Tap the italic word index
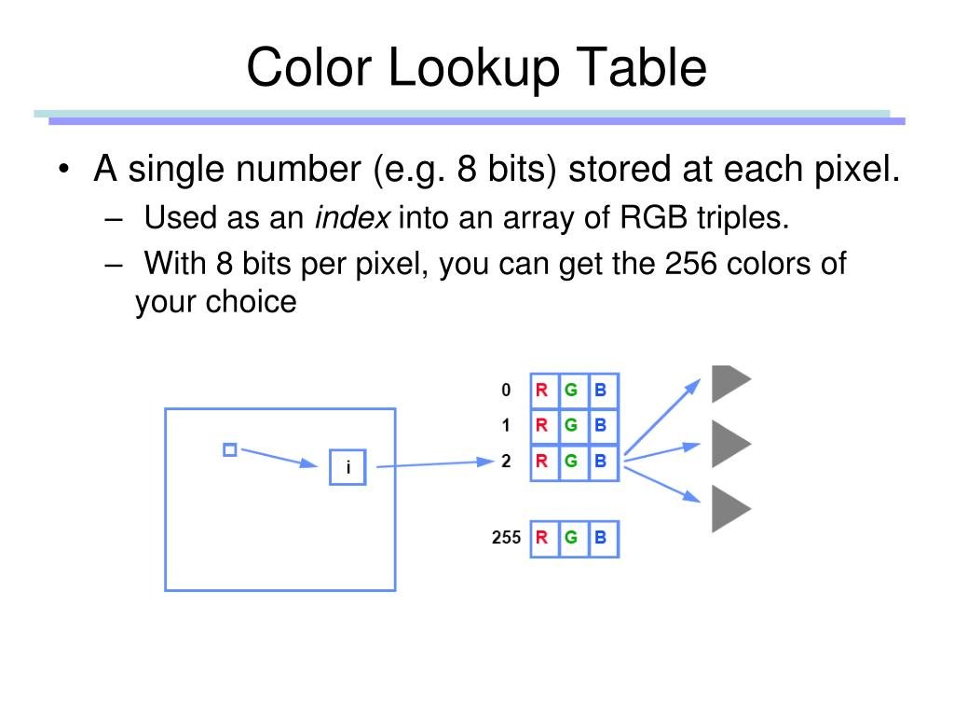353,218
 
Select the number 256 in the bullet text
690,264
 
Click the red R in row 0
541,391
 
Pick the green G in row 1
571,426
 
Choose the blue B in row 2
601,461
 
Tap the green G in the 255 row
571,537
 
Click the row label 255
506,537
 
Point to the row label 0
506,391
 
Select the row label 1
506,426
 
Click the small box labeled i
348,468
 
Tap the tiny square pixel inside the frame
230,450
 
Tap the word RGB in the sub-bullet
647,218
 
